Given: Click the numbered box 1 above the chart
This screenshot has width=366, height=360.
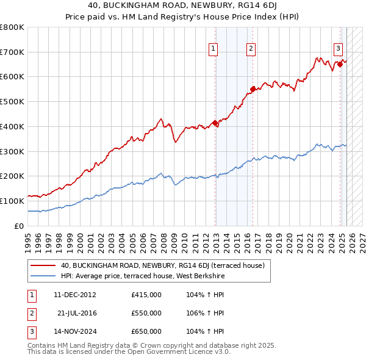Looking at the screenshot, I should (213, 50).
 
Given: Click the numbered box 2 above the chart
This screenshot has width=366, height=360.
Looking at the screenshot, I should (251, 50).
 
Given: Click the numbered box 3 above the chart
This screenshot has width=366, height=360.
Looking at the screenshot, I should (338, 50).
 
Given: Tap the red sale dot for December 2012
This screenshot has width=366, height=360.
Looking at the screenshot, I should (215, 123).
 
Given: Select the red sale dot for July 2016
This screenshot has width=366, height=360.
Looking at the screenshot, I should (252, 90).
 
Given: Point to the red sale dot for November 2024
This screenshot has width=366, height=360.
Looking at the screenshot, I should (340, 64).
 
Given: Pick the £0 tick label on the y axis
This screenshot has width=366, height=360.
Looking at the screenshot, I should (18, 226).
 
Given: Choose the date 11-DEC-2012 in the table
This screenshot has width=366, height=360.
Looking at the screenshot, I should (75, 295).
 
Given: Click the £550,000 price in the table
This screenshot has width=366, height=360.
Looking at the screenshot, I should (146, 313).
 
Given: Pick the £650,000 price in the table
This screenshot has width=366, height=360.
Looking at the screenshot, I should (146, 331).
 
